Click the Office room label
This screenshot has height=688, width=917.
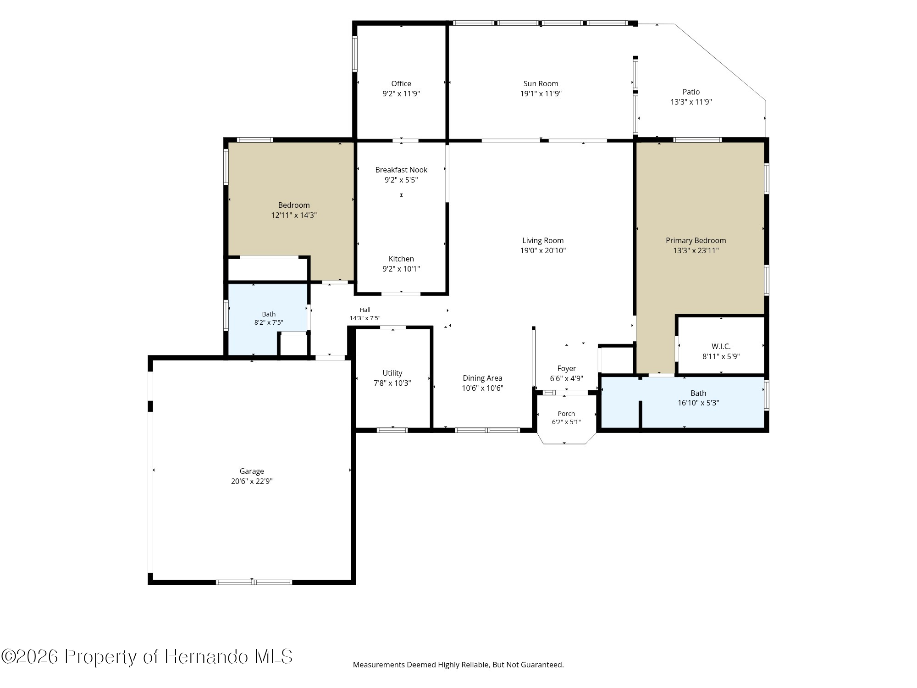pyautogui.click(x=401, y=83)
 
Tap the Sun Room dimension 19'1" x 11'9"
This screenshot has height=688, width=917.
pyautogui.click(x=541, y=94)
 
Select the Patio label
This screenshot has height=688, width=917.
pyautogui.click(x=691, y=92)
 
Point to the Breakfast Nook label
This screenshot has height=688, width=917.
pyautogui.click(x=401, y=170)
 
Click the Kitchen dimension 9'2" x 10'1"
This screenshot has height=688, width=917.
pyautogui.click(x=401, y=269)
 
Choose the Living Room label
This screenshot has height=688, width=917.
pyautogui.click(x=543, y=240)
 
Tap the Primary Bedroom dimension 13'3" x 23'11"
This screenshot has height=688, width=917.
pyautogui.click(x=696, y=250)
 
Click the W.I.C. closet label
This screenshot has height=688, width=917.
pyautogui.click(x=721, y=346)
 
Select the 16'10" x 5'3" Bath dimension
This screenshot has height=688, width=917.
pyautogui.click(x=698, y=403)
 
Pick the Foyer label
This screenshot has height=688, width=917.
pyautogui.click(x=567, y=368)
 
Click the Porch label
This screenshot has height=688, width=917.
pyautogui.click(x=566, y=414)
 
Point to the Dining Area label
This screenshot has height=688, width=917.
pyautogui.click(x=482, y=378)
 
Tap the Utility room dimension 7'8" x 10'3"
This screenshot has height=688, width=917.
pyautogui.click(x=392, y=383)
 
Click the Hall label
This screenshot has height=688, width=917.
pyautogui.click(x=365, y=310)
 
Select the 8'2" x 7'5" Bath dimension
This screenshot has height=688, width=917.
pyautogui.click(x=269, y=322)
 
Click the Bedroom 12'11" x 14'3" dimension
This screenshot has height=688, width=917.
pyautogui.click(x=294, y=215)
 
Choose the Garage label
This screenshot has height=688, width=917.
pyautogui.click(x=252, y=471)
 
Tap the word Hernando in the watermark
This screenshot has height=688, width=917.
pyautogui.click(x=207, y=656)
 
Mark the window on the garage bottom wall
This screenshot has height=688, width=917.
pyautogui.click(x=254, y=582)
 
